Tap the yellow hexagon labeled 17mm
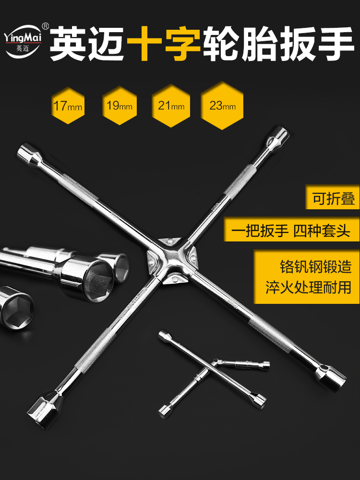(68, 106)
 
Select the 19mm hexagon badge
(119, 106)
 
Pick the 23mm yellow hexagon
(222, 106)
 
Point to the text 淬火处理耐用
(312, 288)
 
